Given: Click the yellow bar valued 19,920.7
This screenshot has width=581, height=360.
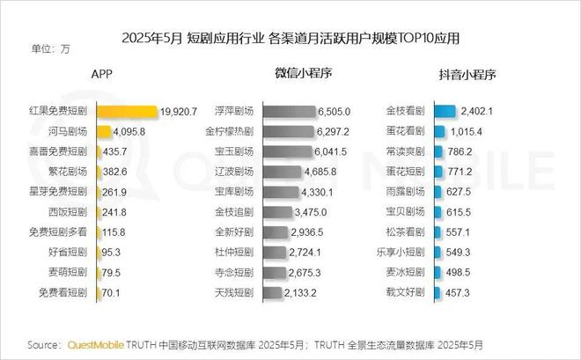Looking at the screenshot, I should tap(126, 112).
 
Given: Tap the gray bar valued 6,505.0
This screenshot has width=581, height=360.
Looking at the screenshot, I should tap(287, 112).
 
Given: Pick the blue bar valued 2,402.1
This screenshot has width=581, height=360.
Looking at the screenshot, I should tap(443, 112).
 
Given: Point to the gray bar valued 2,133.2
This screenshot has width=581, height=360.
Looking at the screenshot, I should tap(269, 292).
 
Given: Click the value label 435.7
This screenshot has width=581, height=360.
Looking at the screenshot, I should tap(114, 151).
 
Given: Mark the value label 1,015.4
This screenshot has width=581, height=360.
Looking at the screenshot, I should tap(476, 132).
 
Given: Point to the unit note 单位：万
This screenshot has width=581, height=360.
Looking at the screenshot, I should tap(50, 48).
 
